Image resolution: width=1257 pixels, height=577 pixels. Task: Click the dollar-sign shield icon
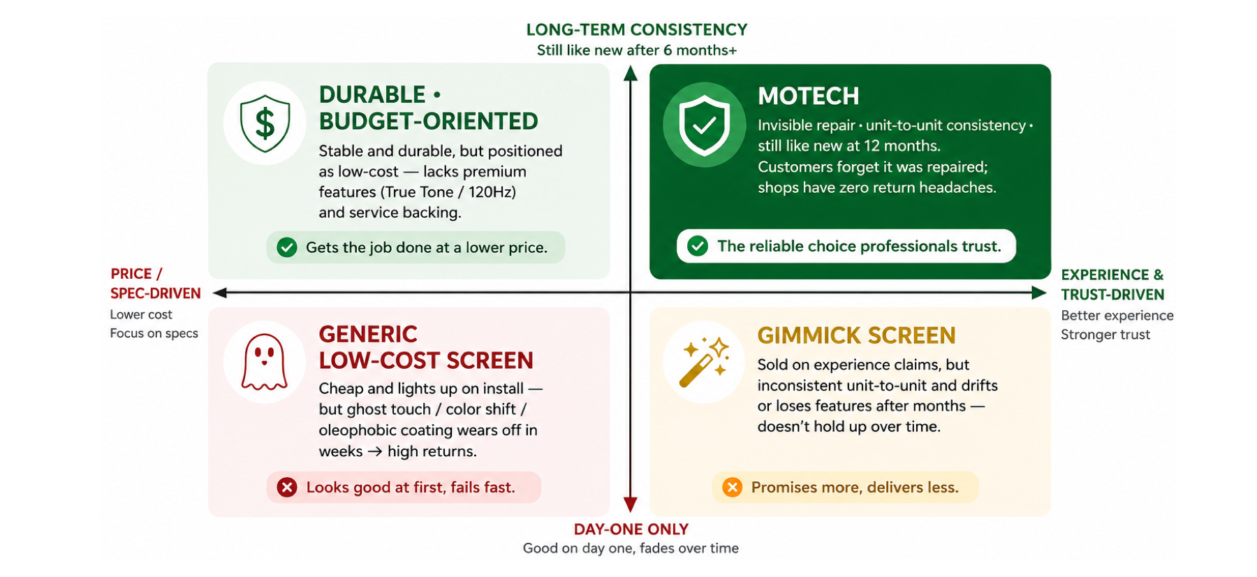coord(265,124)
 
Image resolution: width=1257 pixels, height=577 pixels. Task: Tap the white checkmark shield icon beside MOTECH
coord(704,125)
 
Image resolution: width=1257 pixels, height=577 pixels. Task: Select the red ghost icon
coord(264,361)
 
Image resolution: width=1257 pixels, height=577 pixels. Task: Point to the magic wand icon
coord(704,361)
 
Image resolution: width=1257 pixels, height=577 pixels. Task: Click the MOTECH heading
coord(808,96)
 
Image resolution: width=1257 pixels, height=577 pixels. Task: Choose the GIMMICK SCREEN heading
coord(856,335)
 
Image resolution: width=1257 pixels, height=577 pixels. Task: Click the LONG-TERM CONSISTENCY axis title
coord(636,29)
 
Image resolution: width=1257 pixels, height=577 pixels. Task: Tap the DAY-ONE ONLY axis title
coord(631,529)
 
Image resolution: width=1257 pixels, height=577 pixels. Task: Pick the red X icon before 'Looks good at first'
coord(287,487)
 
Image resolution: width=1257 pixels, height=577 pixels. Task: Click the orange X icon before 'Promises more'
coord(732,487)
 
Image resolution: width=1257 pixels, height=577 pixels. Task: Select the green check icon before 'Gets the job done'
coord(287,247)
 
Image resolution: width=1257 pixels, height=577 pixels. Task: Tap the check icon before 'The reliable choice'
coord(698,246)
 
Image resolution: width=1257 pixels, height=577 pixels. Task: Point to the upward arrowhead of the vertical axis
coord(631,73)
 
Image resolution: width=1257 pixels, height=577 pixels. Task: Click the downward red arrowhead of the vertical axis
coord(631,504)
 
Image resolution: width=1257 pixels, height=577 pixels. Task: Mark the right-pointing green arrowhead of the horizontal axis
coord(1039,293)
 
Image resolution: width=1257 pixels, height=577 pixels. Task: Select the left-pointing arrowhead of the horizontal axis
coord(220,293)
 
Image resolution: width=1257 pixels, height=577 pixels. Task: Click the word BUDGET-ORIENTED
coord(428,122)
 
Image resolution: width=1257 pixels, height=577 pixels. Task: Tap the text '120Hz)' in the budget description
coord(492,192)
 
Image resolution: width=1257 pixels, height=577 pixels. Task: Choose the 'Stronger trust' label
coord(1105,335)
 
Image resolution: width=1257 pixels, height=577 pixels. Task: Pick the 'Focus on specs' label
coord(154,333)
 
